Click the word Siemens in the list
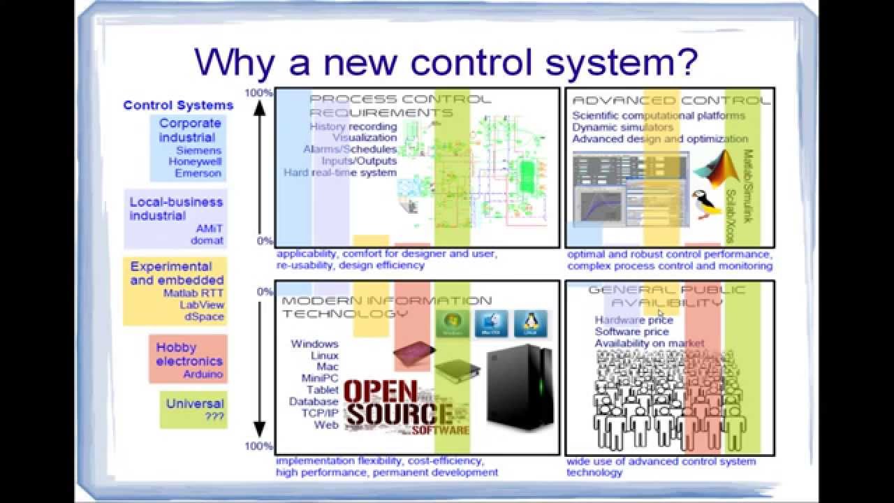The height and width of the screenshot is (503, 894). coord(198,150)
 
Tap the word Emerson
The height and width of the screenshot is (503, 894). coord(198,173)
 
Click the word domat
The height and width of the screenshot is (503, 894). coord(207,240)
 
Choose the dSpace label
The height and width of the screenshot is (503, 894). coord(204,316)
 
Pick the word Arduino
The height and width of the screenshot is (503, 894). coord(203,374)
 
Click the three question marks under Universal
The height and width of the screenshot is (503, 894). coord(214,416)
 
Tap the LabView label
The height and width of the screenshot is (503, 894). coord(202,305)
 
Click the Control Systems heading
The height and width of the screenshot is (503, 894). coord(178,105)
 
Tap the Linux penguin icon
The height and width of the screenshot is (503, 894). coord(530,323)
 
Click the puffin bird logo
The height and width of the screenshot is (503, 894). coord(706,204)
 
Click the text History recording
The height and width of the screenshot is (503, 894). coord(353,126)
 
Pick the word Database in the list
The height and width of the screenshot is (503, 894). coord(314,402)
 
